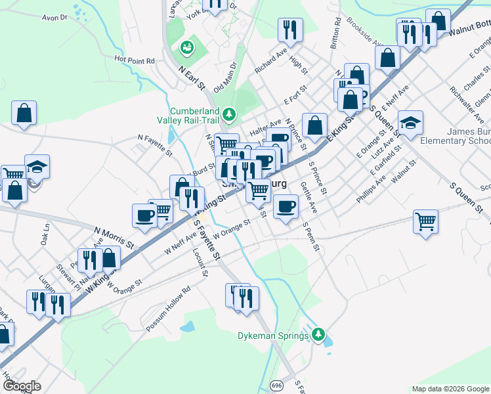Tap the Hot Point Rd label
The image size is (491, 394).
pyautogui.click(x=134, y=60)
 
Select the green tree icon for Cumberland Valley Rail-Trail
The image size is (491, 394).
pyautogui.click(x=228, y=115)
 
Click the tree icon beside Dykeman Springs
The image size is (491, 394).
pyautogui.click(x=318, y=336)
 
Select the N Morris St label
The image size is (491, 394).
pyautogui.click(x=113, y=237)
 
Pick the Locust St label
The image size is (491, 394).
pyautogui.click(x=199, y=261)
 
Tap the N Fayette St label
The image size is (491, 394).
pyautogui.click(x=154, y=146)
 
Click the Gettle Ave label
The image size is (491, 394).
pyautogui.click(x=309, y=198)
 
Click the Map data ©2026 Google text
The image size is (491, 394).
pyautogui.click(x=450, y=389)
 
